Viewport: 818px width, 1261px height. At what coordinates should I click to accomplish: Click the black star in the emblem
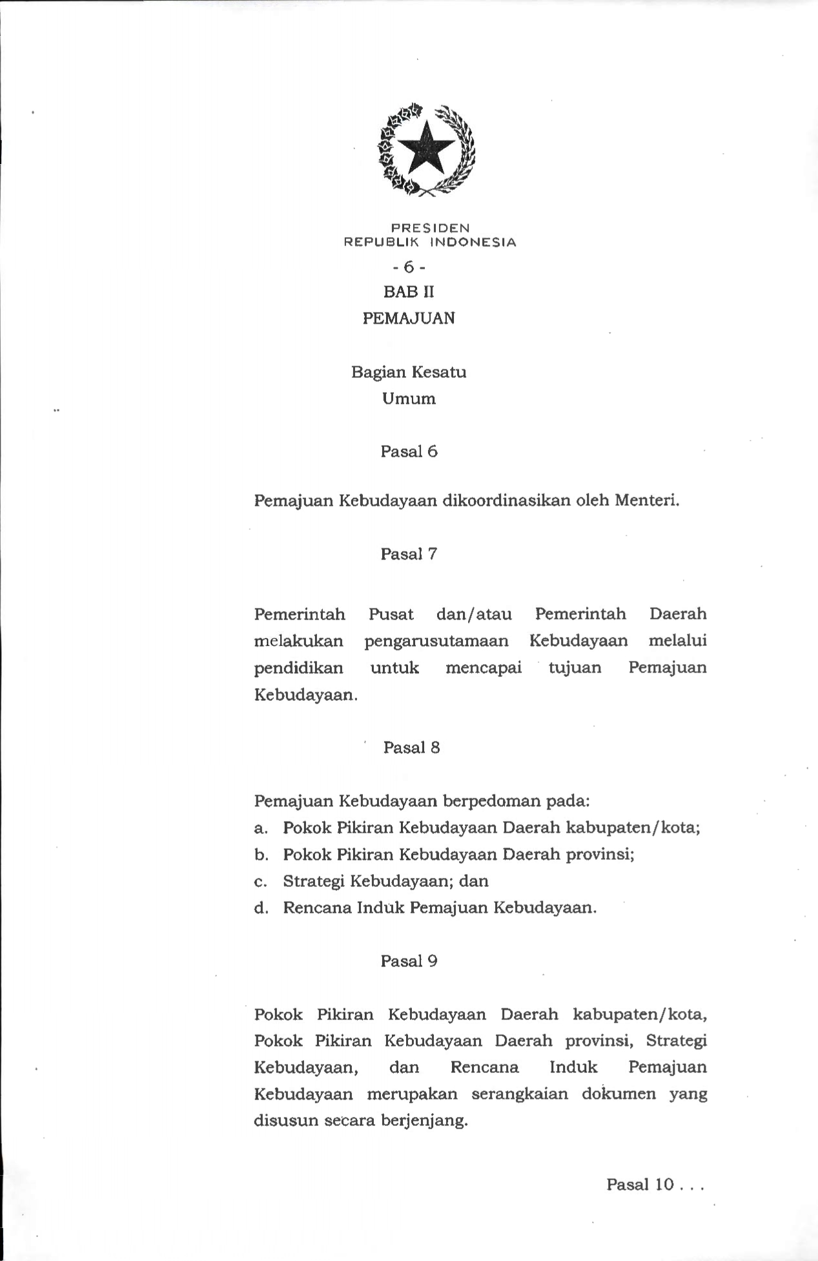pos(426,148)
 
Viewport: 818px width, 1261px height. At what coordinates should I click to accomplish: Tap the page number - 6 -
pos(409,267)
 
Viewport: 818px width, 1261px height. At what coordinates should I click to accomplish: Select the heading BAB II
pos(409,292)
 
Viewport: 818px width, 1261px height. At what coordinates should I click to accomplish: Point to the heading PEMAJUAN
pos(409,318)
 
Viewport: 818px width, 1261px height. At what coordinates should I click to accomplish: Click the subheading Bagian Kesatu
pos(409,372)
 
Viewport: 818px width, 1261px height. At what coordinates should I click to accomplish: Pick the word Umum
pos(409,399)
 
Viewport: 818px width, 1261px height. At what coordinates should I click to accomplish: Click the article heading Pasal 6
pos(409,452)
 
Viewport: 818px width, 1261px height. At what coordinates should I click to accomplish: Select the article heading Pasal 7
pos(409,554)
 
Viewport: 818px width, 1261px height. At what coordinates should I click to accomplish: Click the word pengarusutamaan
pos(436,641)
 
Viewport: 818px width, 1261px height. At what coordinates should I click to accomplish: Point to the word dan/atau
pos(474,614)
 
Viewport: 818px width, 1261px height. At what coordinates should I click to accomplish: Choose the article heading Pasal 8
pos(411,747)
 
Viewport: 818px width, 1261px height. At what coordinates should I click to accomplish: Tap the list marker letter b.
pos(260,855)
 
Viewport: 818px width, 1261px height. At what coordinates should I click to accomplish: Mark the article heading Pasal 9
pos(409,961)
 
